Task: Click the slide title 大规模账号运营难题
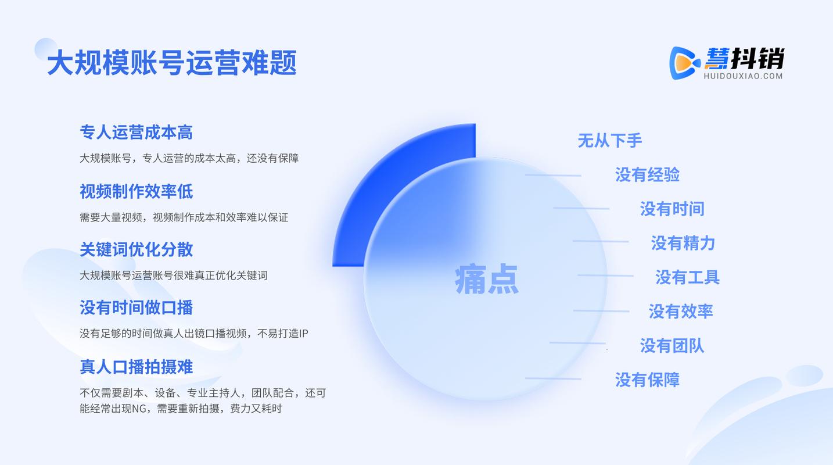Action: click(x=172, y=63)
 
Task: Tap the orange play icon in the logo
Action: click(x=684, y=63)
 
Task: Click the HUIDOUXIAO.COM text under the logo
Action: click(x=743, y=76)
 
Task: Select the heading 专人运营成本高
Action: click(x=136, y=133)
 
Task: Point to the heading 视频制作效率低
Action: click(x=136, y=191)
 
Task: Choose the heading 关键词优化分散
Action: click(x=136, y=249)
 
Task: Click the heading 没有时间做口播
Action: click(x=136, y=307)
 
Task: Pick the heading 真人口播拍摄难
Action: click(x=136, y=367)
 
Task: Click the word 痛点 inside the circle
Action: click(x=486, y=279)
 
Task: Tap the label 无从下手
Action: click(x=610, y=141)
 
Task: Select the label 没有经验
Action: click(x=648, y=175)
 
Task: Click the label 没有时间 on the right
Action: click(x=672, y=209)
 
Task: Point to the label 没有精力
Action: click(x=683, y=244)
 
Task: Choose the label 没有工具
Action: click(x=688, y=277)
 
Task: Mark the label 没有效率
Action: click(x=681, y=312)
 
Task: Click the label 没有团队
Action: click(x=672, y=346)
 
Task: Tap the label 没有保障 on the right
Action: click(x=648, y=380)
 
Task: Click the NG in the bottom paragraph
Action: click(x=139, y=409)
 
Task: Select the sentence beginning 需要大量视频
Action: click(x=184, y=217)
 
